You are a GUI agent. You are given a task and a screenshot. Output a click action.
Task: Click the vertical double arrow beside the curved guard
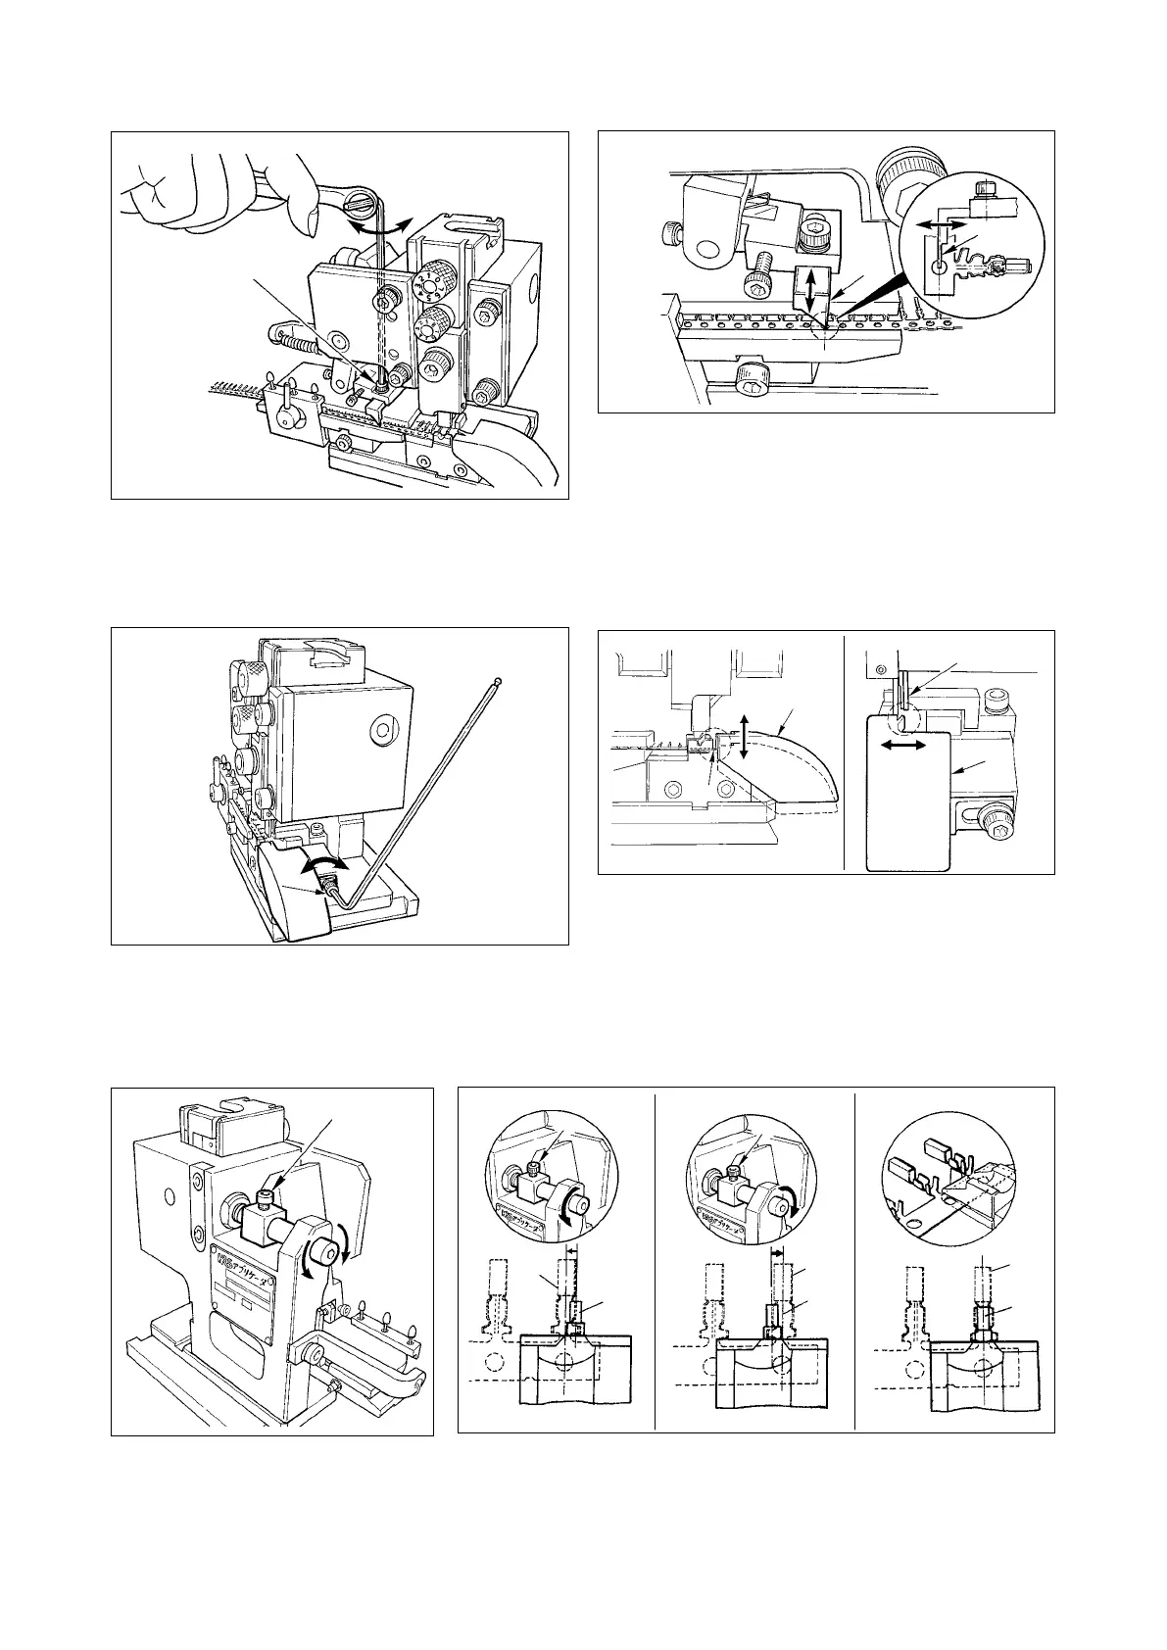click(x=744, y=736)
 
